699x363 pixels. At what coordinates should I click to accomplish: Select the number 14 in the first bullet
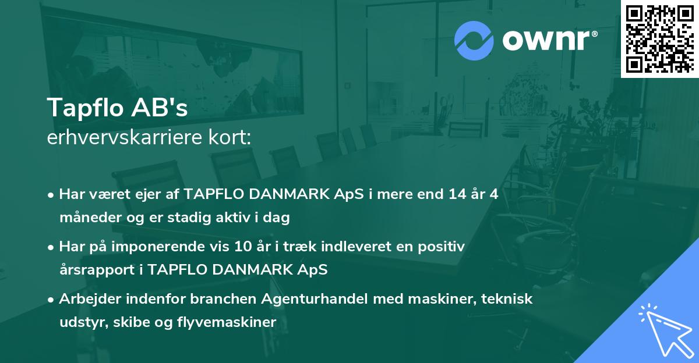(x=449, y=194)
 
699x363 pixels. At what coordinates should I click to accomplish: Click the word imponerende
(x=173, y=247)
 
